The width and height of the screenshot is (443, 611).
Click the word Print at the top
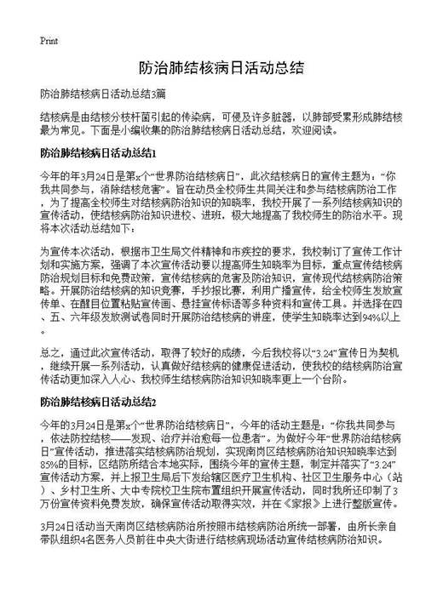tap(49, 40)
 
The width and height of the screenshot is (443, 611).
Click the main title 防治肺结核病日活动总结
tap(221, 66)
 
